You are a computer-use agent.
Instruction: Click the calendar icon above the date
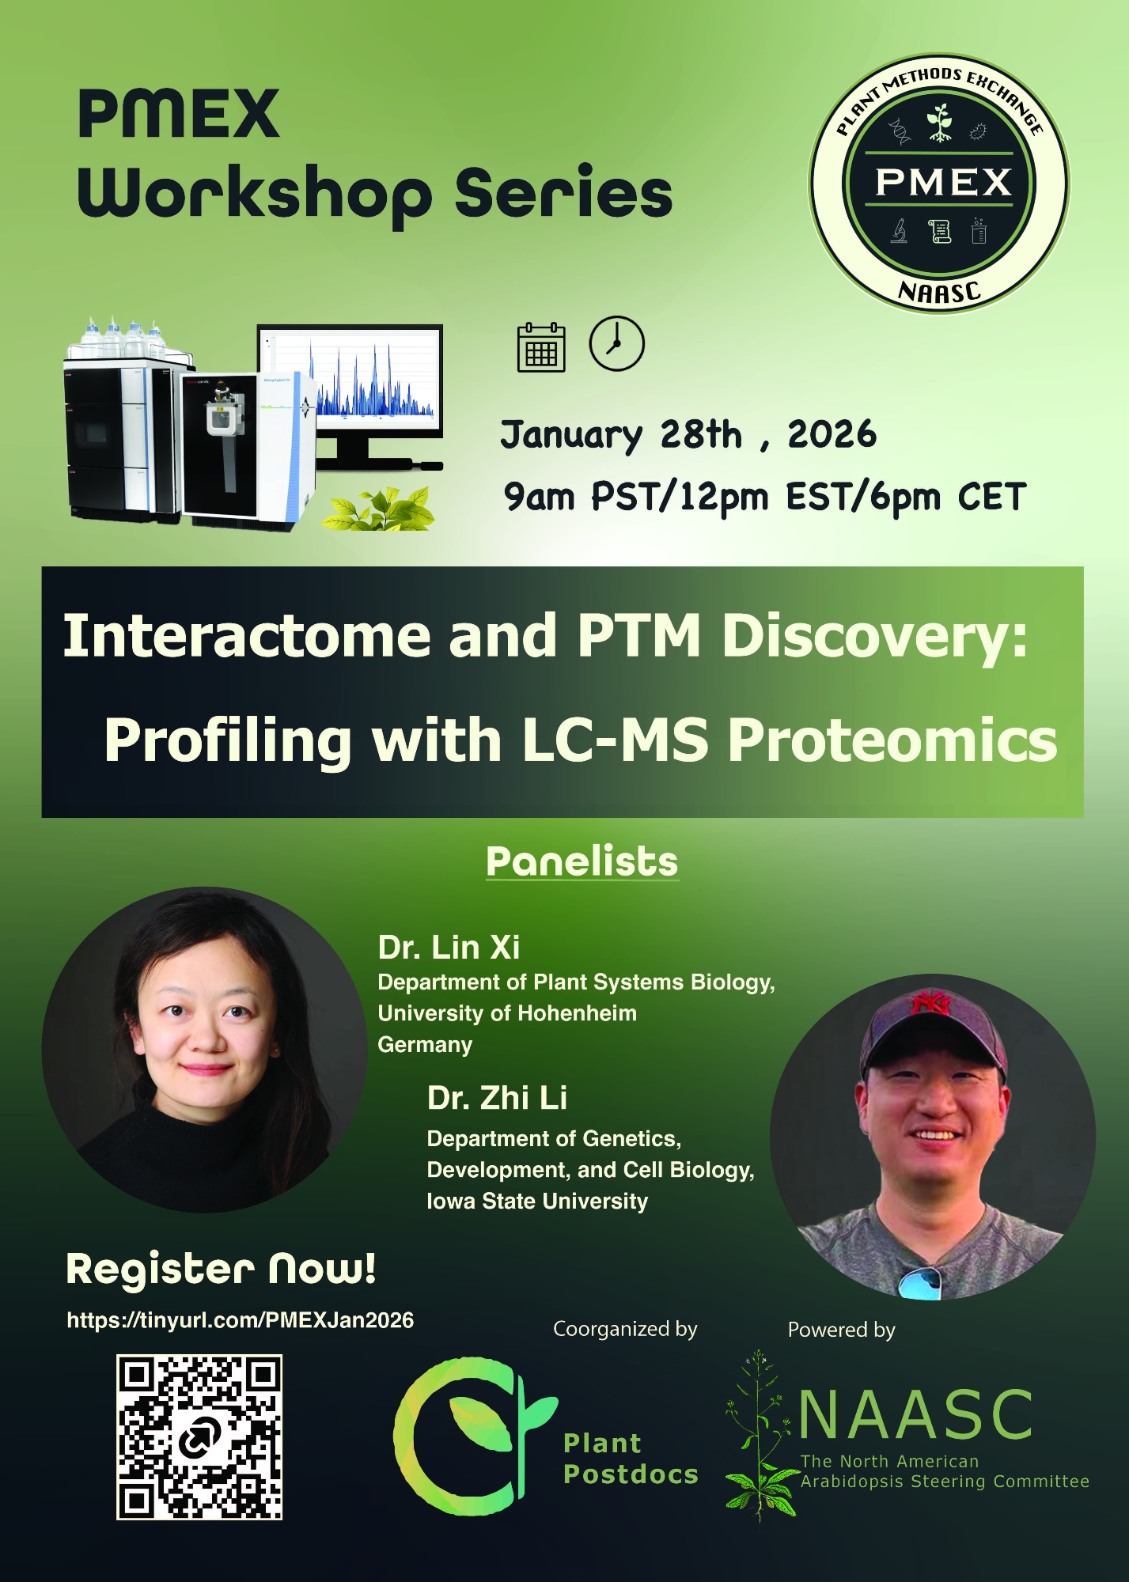[x=541, y=347]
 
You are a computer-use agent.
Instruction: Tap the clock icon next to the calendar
[x=617, y=343]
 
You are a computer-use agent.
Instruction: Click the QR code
[x=199, y=1436]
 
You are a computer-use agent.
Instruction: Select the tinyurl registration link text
[x=241, y=1320]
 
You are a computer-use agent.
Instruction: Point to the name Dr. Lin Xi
[x=449, y=947]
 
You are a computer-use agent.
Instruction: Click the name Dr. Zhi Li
[x=497, y=1098]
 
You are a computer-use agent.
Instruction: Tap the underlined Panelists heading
[x=582, y=861]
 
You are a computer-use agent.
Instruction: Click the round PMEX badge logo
[x=939, y=184]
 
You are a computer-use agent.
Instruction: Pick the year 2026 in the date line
[x=832, y=434]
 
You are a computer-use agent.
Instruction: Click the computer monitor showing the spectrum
[x=350, y=395]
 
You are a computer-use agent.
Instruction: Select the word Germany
[x=425, y=1045]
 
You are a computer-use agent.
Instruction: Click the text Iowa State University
[x=537, y=1202]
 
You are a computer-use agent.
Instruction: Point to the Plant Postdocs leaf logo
[x=475, y=1436]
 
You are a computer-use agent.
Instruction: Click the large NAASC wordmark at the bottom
[x=915, y=1415]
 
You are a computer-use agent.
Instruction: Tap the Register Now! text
[x=221, y=1269]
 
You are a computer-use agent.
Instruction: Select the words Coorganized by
[x=625, y=1329]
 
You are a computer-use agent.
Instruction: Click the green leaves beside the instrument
[x=378, y=509]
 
